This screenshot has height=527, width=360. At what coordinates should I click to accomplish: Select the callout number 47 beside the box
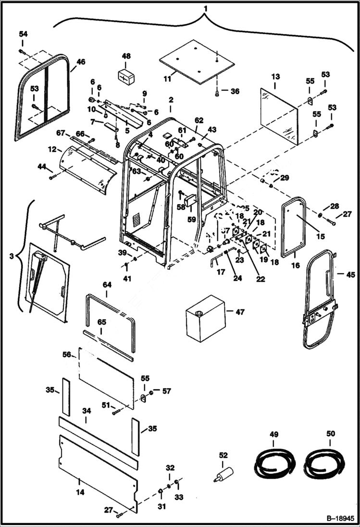(x=240, y=312)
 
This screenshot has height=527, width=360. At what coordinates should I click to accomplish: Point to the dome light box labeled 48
(x=126, y=76)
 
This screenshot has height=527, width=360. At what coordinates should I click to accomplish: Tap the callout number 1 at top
(x=205, y=9)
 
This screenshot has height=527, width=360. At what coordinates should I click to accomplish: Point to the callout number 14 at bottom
(x=80, y=492)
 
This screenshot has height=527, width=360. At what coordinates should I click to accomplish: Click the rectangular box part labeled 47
(x=206, y=318)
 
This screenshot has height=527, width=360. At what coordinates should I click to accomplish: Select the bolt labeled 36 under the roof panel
(x=218, y=92)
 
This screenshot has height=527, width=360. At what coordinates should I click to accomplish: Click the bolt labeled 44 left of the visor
(x=51, y=177)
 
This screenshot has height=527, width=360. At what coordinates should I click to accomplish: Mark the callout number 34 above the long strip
(x=86, y=411)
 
